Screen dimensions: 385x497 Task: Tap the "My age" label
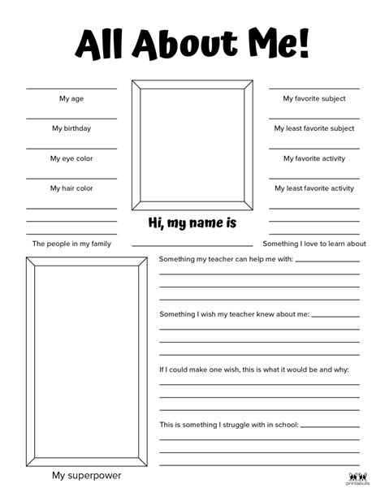coord(71,99)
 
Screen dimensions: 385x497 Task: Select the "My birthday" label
coord(71,128)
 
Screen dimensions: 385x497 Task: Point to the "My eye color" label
coord(71,158)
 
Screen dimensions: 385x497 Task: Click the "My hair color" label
coord(71,188)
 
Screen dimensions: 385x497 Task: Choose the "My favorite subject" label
coord(314,99)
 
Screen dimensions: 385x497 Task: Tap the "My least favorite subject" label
coord(314,128)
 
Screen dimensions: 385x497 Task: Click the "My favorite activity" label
coord(314,158)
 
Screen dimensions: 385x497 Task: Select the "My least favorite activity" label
coord(314,188)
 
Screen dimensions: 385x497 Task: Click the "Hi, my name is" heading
coord(192,223)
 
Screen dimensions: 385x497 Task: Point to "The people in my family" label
coord(71,244)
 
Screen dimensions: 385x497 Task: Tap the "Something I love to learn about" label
coord(314,244)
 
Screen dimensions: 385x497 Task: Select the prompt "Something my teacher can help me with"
coord(225,260)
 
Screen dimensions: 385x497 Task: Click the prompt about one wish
coord(253,370)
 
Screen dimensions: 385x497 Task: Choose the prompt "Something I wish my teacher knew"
coord(234,314)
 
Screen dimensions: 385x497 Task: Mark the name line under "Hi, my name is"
coord(192,244)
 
